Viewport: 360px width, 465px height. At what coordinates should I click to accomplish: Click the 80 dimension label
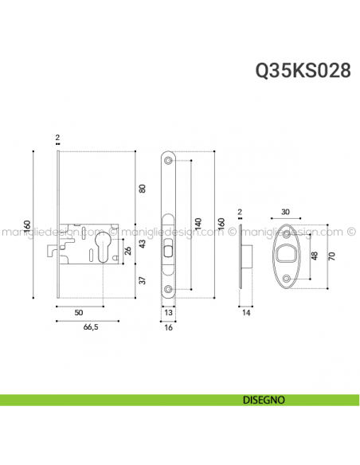[143, 189]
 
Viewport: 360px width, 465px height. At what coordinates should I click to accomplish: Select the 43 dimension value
[143, 245]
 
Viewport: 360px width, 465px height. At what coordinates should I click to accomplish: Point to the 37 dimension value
[143, 280]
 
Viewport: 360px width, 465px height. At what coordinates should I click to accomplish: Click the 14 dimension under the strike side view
[246, 314]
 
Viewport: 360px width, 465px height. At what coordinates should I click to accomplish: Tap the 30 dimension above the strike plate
[286, 213]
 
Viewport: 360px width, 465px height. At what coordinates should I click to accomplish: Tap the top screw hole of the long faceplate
[170, 160]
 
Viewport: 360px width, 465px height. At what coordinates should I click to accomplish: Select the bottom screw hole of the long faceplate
[170, 288]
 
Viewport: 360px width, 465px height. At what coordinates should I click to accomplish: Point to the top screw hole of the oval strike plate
[286, 234]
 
